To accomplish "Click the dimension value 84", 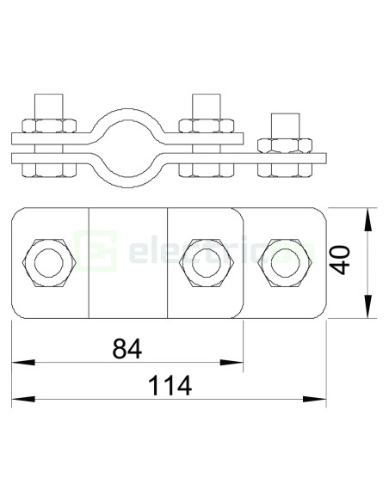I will pyautogui.click(x=126, y=348).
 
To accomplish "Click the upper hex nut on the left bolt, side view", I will pyautogui.click(x=46, y=125).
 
